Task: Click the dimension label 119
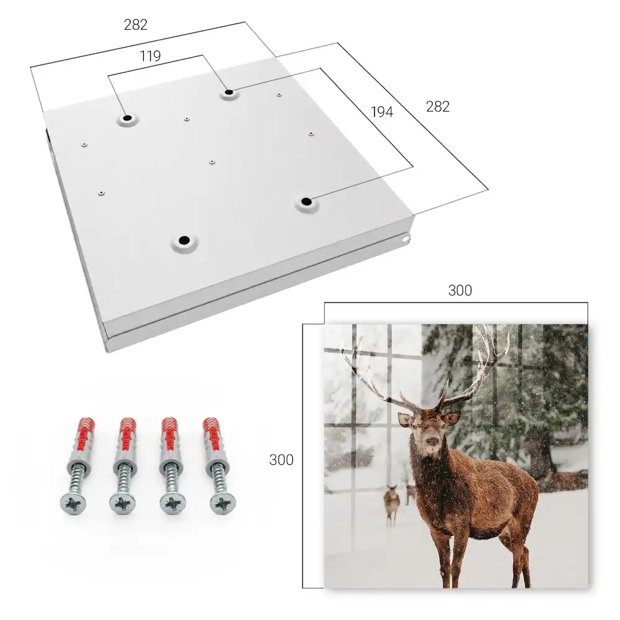tap(150, 56)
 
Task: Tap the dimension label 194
tap(382, 112)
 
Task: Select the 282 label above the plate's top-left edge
tap(136, 25)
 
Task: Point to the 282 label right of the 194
tap(438, 107)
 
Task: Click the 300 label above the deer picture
tap(460, 291)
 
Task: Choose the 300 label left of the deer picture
tap(281, 460)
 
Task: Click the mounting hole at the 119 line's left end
tap(127, 118)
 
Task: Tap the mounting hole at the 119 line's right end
tap(229, 93)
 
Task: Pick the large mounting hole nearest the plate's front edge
tap(184, 240)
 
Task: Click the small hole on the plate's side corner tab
tap(405, 239)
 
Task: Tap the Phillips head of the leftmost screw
tap(73, 504)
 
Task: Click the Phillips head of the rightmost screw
tap(223, 503)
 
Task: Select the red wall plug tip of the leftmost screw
tap(85, 426)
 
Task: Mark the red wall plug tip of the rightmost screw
tap(211, 426)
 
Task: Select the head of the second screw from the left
tap(122, 504)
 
